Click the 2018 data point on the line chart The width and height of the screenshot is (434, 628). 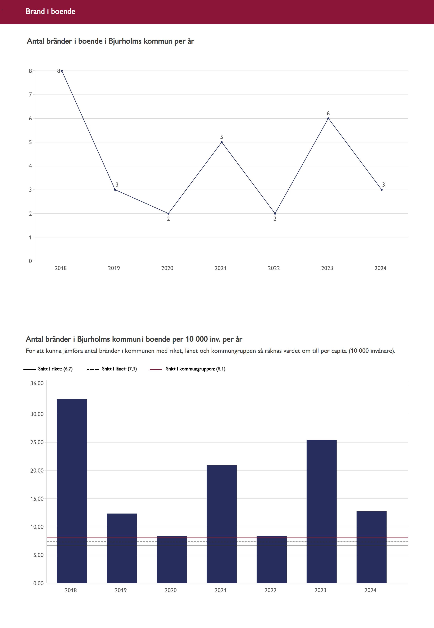(62, 71)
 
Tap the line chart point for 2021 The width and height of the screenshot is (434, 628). (222, 142)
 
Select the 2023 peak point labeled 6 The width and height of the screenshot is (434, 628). (328, 118)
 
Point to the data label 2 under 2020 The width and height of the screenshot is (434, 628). (168, 219)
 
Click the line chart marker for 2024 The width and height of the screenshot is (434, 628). (381, 190)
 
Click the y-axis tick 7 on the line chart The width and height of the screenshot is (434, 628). (30, 95)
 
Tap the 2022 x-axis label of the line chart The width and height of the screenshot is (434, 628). (274, 268)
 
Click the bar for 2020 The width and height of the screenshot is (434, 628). (172, 560)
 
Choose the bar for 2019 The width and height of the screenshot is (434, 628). (122, 548)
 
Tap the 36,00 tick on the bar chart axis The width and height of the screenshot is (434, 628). (37, 383)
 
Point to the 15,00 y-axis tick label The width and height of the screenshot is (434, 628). (37, 499)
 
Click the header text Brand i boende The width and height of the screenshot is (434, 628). (51, 11)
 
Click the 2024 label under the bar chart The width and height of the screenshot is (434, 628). (370, 590)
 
